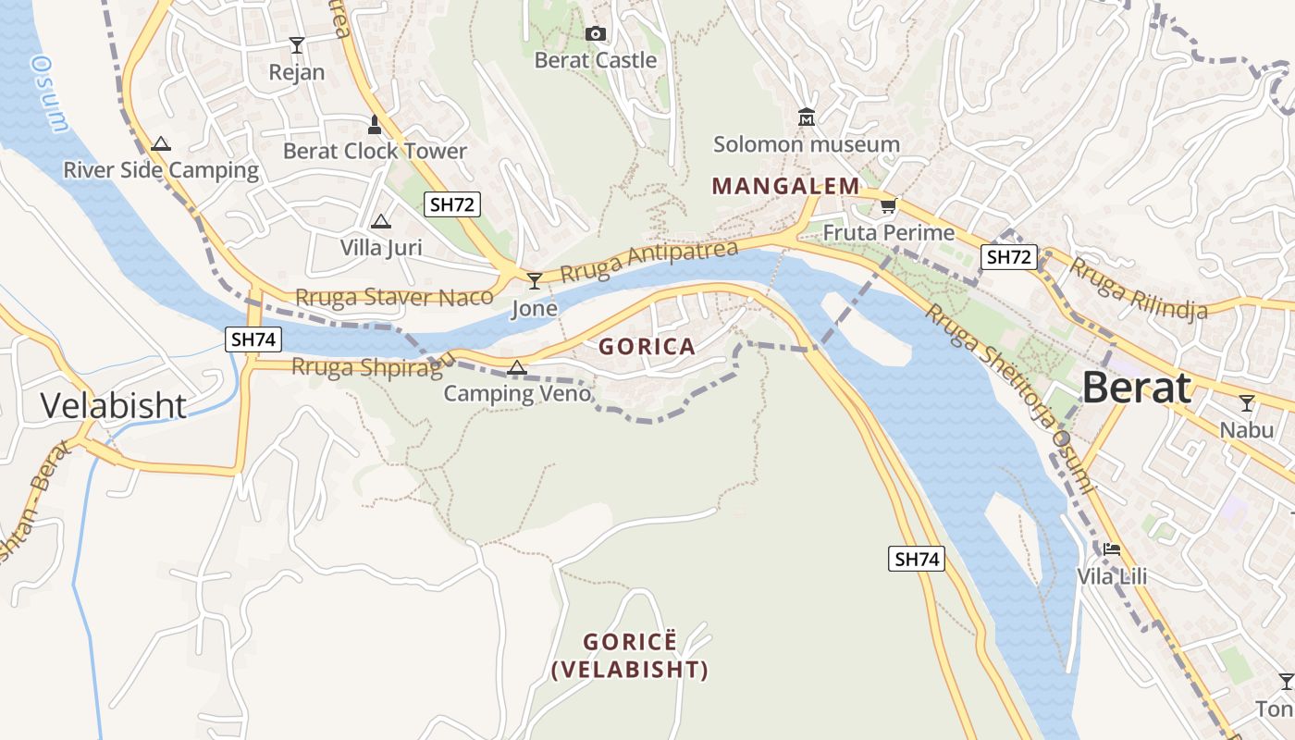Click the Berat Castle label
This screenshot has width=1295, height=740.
pos(596,60)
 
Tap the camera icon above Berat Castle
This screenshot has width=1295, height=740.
pos(596,34)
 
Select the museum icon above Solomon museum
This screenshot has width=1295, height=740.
pos(806,117)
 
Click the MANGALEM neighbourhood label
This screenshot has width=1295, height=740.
pos(785,186)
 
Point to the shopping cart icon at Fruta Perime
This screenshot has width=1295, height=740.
pos(888,205)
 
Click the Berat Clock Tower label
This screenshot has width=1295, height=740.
pos(375,151)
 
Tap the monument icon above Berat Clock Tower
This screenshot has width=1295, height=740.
pos(375,124)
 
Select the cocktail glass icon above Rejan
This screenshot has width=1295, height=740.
pos(297,44)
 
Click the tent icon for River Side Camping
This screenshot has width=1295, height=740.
pos(161,143)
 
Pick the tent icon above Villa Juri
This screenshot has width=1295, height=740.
pos(380,222)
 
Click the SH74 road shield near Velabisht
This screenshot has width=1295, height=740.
pos(253,339)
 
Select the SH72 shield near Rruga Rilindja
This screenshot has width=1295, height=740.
pos(1009,257)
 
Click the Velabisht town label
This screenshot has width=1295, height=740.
pos(114,405)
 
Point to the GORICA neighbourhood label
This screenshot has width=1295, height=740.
pos(647,347)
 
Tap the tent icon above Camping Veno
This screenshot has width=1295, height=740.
pos(517,368)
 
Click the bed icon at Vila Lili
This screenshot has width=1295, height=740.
pos(1111,549)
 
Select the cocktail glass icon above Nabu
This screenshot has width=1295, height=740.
pos(1246,403)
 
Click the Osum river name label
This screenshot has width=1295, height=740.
pos(48,92)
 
